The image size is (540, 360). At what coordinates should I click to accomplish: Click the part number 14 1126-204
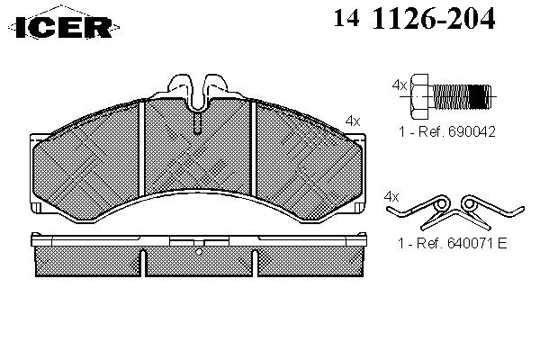(414, 18)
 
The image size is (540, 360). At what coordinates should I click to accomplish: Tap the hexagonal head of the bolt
(419, 96)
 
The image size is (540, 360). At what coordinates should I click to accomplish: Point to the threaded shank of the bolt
(461, 96)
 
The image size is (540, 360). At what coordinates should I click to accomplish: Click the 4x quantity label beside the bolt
(400, 85)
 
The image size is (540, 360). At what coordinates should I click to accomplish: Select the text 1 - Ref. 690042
(447, 131)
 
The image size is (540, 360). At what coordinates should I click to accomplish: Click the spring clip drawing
(455, 212)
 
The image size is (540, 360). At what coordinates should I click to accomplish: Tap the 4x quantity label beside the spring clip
(391, 197)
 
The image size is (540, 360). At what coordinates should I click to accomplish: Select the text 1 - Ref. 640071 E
(453, 244)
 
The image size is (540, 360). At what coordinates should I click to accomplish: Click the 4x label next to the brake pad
(353, 121)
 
